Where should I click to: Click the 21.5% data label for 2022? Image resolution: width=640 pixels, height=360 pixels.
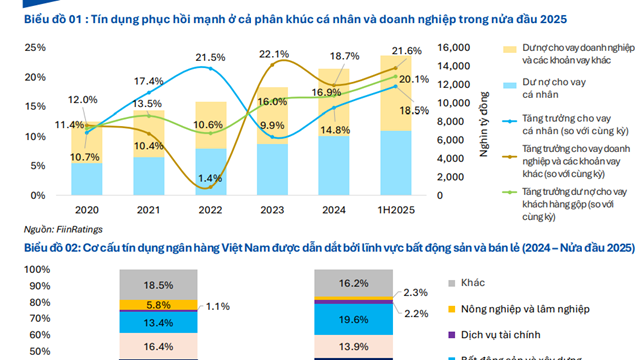[209, 57]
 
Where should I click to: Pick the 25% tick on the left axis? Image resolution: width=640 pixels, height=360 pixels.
[34, 48]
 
